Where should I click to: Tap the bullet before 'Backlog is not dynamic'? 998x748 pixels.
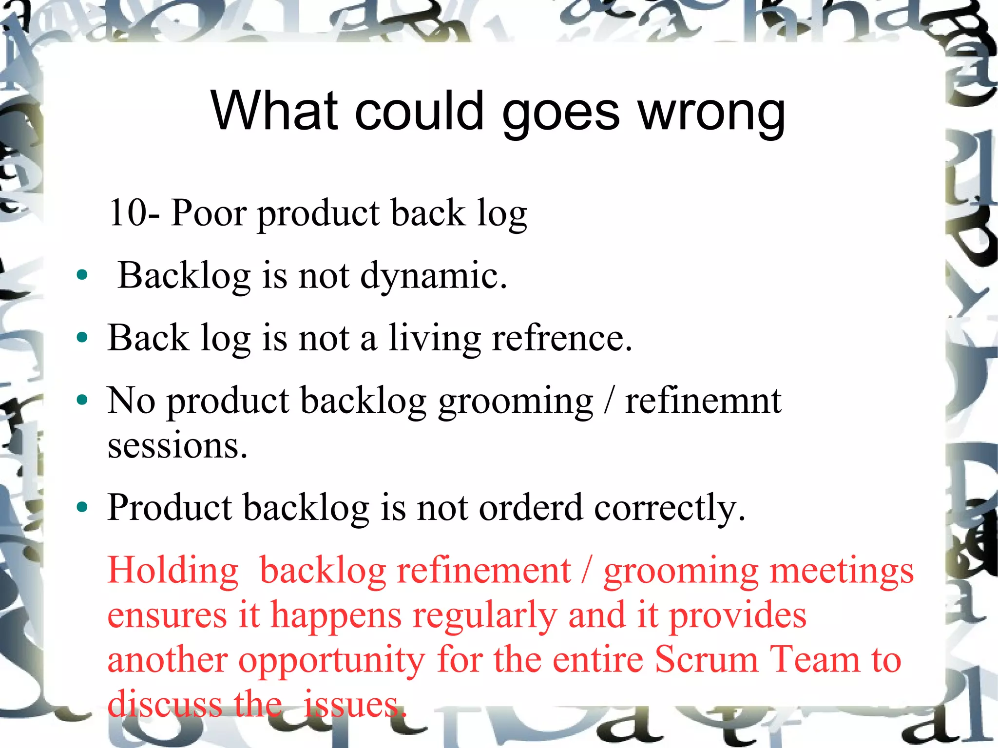82,275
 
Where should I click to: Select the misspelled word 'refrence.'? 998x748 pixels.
562,338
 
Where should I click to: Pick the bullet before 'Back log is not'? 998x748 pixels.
82,337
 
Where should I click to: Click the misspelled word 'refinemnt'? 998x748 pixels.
703,401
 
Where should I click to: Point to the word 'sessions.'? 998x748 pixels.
177,445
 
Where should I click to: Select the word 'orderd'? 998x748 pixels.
531,508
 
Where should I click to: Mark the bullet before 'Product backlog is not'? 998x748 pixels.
82,507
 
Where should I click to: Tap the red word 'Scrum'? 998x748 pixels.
706,660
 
